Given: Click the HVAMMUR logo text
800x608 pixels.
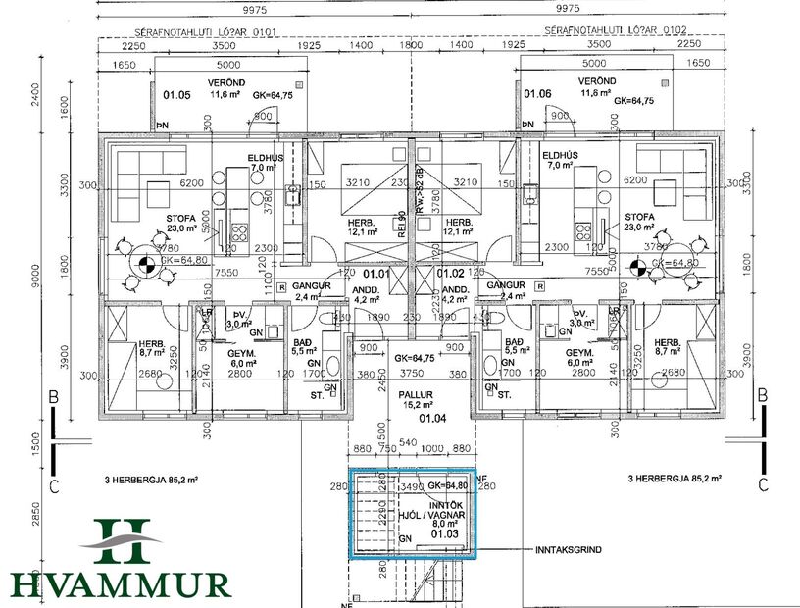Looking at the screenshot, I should tap(122, 584).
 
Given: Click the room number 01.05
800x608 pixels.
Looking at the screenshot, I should tap(176, 95).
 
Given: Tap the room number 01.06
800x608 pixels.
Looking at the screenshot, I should tap(537, 94).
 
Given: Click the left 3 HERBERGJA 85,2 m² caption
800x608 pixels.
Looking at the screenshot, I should tap(151, 479).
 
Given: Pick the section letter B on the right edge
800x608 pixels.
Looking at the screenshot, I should tap(761, 394).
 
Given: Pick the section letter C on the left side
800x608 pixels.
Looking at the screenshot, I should tap(55, 484).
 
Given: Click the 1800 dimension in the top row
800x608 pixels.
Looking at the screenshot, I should tap(410, 46).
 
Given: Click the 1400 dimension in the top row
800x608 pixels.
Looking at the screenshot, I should tap(361, 46).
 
